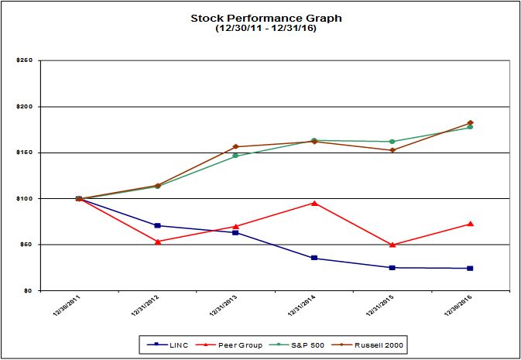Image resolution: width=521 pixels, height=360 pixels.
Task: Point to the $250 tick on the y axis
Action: [x=22, y=60]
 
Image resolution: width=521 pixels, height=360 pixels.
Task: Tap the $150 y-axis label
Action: [x=22, y=153]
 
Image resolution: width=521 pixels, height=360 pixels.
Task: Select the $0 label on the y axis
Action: [x=26, y=290]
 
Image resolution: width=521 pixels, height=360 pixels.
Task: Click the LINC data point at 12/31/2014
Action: [x=314, y=258]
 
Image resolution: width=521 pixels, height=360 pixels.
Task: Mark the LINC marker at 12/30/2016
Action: [x=470, y=268]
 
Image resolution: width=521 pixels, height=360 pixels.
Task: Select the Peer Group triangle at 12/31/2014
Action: [x=314, y=203]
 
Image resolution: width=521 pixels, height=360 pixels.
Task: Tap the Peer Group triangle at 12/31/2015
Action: [x=392, y=245]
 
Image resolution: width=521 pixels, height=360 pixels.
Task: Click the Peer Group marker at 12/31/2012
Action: [x=157, y=242]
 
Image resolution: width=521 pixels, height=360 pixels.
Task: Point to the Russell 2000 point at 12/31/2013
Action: [x=235, y=146]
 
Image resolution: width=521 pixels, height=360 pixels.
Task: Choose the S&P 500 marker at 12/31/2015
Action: [x=392, y=142]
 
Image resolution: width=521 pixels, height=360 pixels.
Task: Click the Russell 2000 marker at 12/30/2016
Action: [x=470, y=122]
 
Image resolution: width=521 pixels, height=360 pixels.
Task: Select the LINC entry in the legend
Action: [x=163, y=343]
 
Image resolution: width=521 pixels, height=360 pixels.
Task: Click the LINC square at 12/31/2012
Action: [x=157, y=225]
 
